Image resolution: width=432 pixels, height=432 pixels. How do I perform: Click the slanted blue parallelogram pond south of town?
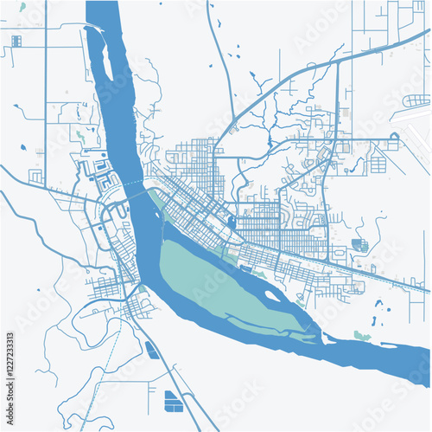point(152,350)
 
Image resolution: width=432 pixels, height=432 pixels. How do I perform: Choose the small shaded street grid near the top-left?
point(16,40)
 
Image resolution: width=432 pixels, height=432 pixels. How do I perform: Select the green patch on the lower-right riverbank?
point(361,335)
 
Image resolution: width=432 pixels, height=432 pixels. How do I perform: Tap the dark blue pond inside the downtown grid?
point(231,223)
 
